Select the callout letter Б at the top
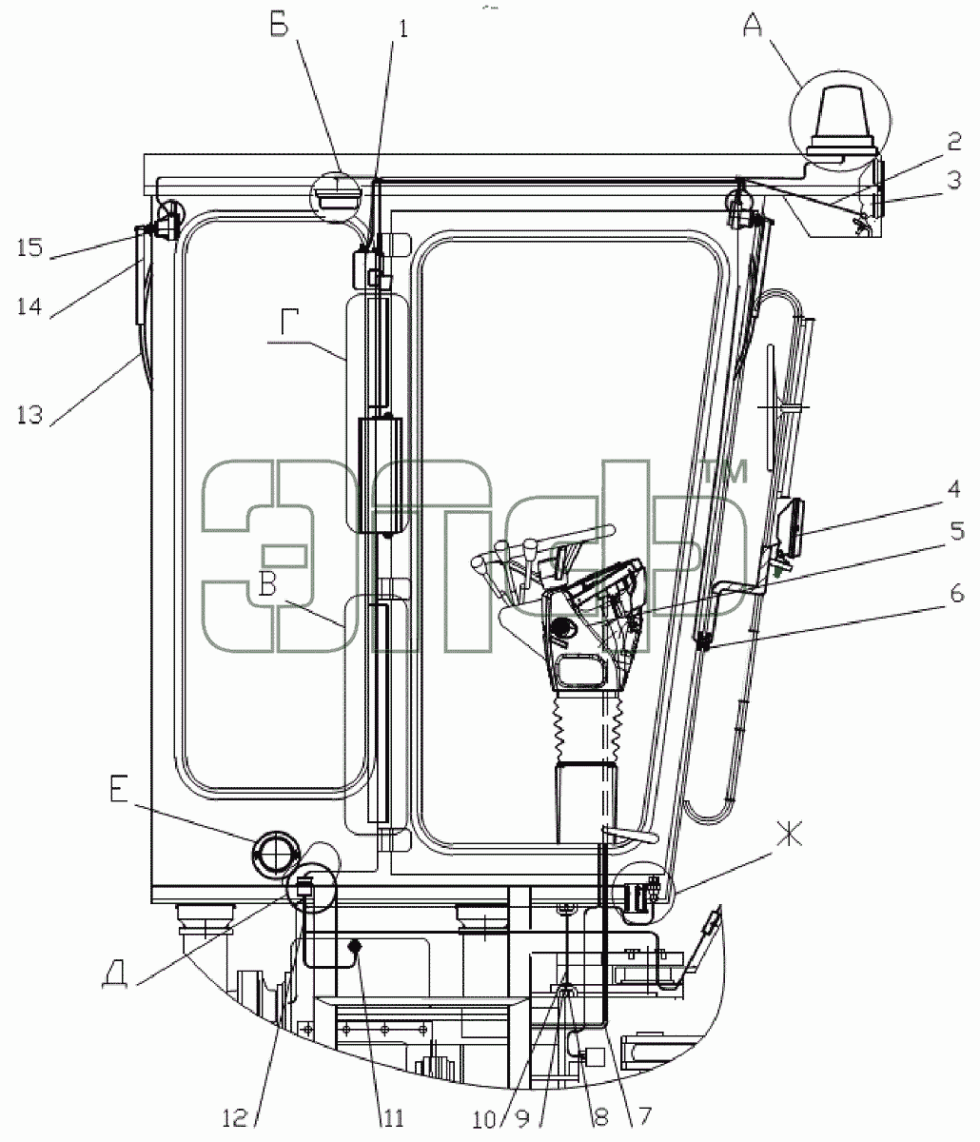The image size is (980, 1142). (280, 25)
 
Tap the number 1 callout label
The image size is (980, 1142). (403, 29)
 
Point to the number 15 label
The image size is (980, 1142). (29, 247)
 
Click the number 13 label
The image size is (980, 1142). (29, 414)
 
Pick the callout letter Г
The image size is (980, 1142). (289, 322)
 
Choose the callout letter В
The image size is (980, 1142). (267, 583)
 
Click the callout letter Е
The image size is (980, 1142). (119, 789)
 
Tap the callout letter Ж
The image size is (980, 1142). (790, 831)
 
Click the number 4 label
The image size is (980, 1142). (954, 489)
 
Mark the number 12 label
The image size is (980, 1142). (235, 1119)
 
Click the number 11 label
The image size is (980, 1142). (392, 1119)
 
